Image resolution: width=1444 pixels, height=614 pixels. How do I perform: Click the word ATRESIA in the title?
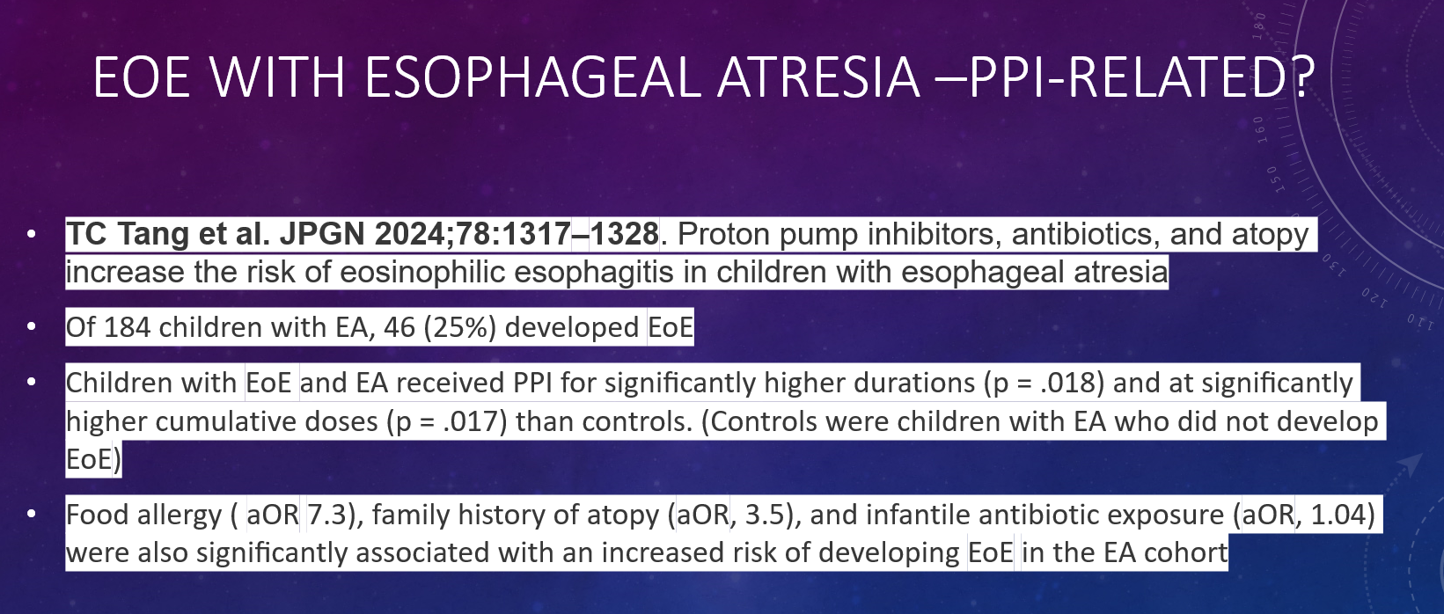point(818,77)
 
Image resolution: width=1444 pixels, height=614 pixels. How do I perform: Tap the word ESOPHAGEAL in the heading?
point(532,77)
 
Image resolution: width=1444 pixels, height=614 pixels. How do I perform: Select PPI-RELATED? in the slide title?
point(1141,77)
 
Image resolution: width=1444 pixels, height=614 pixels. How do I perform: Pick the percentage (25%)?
point(460,327)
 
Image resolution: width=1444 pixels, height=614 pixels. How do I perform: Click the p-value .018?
point(1067,383)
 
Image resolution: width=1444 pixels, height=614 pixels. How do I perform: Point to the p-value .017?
point(471,421)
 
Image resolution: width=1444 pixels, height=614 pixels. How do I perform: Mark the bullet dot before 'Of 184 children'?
point(32,326)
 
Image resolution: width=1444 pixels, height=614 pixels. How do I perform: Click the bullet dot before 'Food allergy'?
point(32,514)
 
